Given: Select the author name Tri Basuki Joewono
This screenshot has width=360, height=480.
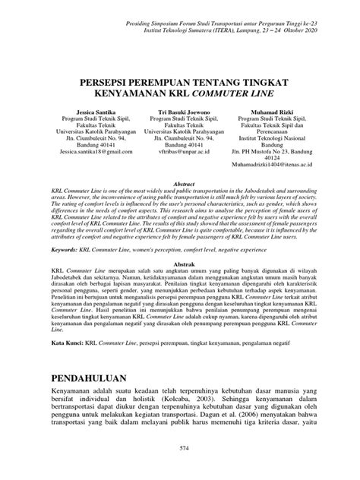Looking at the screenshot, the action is (180, 112).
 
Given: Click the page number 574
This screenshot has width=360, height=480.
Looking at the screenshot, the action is (180, 454).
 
